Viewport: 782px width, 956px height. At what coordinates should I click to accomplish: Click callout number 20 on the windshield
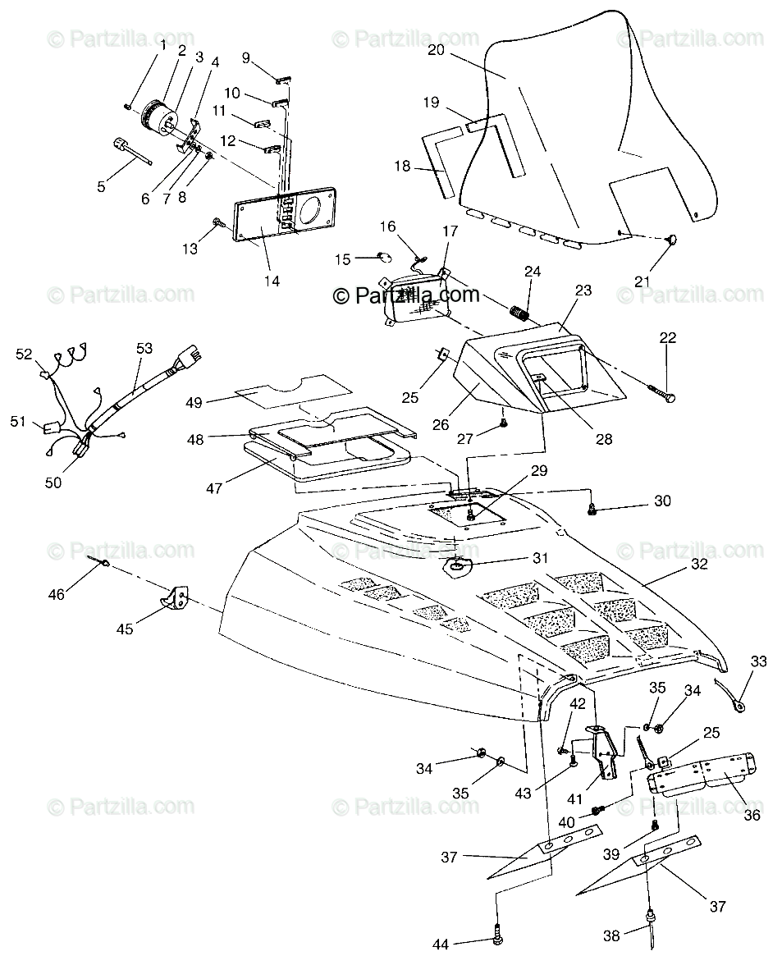[436, 50]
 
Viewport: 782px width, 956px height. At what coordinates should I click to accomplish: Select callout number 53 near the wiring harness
[144, 348]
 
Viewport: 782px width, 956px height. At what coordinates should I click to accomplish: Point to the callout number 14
[272, 281]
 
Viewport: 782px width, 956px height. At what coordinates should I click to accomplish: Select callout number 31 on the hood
[539, 558]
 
